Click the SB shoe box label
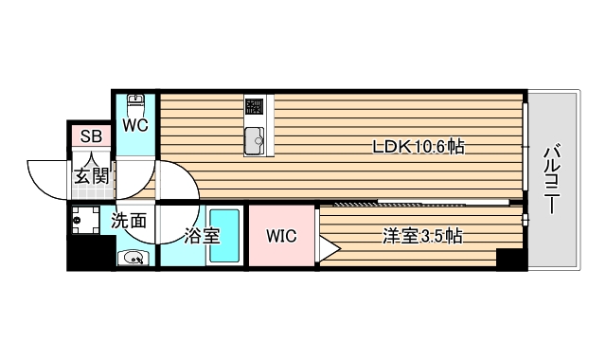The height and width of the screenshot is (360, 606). tap(90, 135)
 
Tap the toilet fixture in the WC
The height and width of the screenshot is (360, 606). tap(135, 102)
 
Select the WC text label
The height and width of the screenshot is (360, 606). tap(134, 124)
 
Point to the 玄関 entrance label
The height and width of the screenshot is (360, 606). tap(92, 174)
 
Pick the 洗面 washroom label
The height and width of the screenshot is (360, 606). tap(129, 222)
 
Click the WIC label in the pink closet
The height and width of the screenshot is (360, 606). tap(281, 236)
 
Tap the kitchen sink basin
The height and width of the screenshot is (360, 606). tap(255, 142)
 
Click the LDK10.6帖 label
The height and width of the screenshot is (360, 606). tap(418, 147)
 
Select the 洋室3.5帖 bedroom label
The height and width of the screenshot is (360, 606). tap(421, 236)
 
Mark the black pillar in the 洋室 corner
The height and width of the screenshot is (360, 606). tap(509, 259)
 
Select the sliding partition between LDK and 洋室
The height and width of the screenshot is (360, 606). tap(417, 202)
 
